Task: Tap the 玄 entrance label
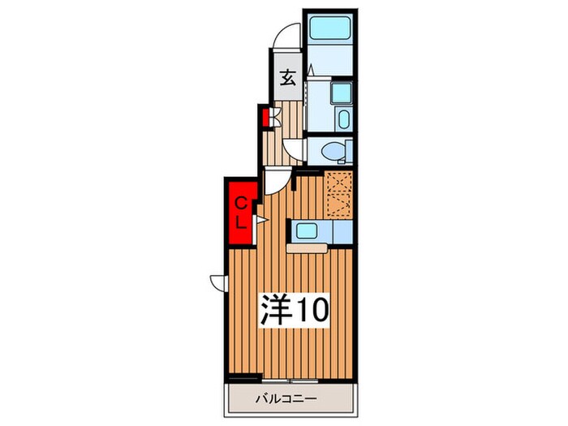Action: coord(288,79)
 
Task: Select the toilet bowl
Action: coord(332,151)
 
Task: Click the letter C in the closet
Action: coord(242,203)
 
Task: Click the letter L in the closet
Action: coord(242,222)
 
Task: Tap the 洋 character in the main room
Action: coord(273,308)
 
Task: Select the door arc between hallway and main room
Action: coord(275,180)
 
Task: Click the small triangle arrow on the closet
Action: coord(261,219)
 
